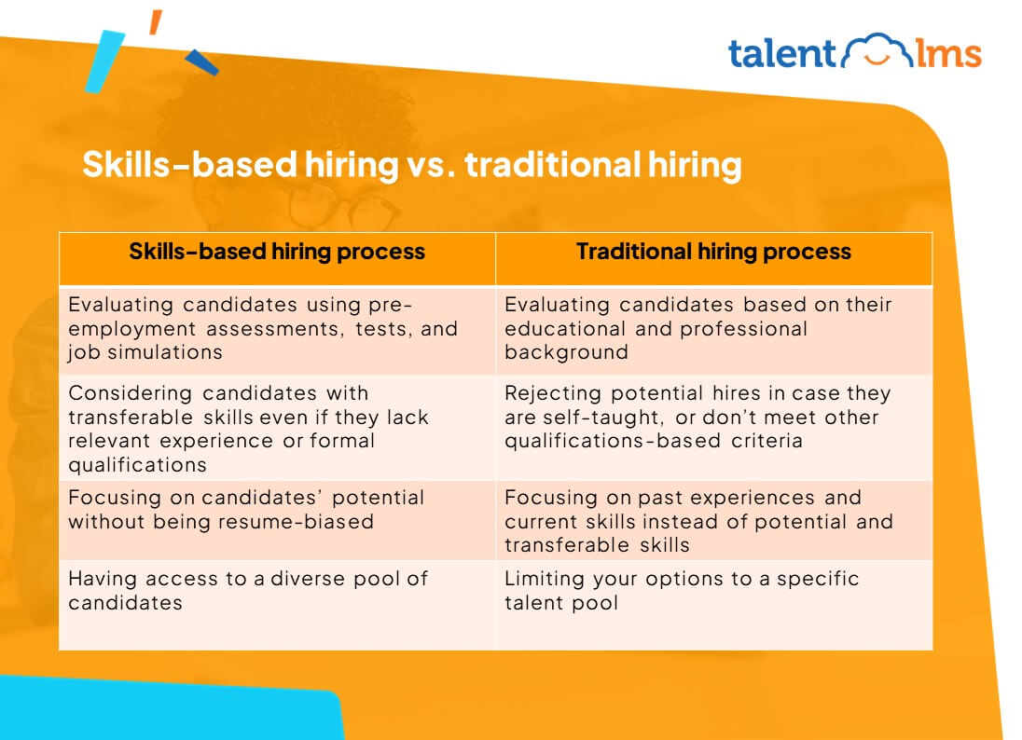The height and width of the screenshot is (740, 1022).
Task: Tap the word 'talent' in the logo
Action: tap(782, 53)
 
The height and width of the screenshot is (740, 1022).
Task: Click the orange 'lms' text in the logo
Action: tap(946, 53)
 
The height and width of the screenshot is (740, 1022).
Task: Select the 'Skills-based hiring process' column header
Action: tap(277, 252)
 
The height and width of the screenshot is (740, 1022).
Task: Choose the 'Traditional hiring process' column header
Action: tap(713, 252)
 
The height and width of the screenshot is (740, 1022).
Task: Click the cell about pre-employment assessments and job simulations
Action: tap(277, 328)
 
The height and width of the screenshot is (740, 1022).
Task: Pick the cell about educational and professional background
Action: tap(713, 328)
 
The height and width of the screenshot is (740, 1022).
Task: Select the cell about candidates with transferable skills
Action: tap(277, 428)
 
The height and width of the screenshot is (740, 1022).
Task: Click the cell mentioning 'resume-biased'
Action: tap(277, 509)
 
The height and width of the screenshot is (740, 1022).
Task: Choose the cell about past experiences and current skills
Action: tap(713, 520)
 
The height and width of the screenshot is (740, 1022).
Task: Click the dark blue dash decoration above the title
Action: tap(201, 62)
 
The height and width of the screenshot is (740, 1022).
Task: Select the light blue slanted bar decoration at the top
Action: tap(104, 61)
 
